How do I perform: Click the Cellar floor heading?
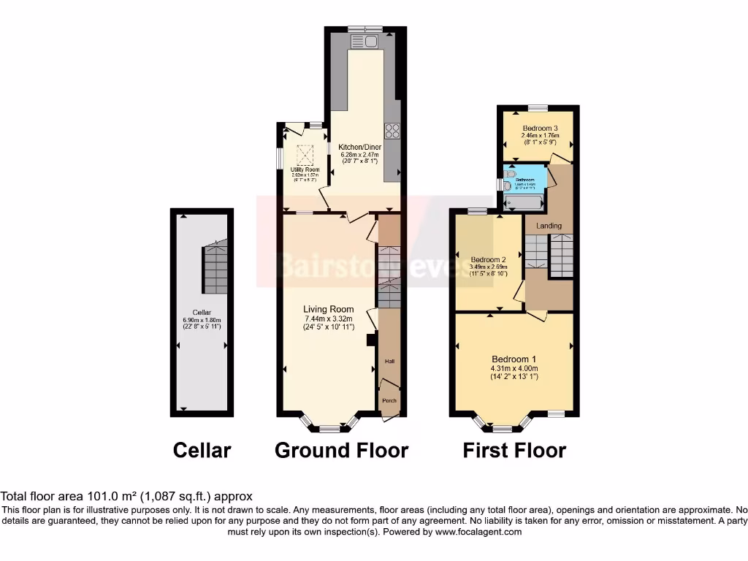point(202,451)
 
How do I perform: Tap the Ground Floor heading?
point(341,451)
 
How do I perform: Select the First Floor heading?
point(514,451)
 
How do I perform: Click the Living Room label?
point(329,309)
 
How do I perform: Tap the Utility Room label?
point(305,170)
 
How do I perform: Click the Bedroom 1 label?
point(514,359)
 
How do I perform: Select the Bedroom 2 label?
point(488,260)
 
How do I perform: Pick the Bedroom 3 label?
point(540,128)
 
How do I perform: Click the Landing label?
point(549,226)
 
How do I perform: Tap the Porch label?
point(389,400)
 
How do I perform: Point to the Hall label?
point(389,362)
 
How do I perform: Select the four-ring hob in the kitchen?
point(392,131)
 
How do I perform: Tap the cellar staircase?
point(215,266)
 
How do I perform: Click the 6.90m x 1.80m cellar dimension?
point(201,319)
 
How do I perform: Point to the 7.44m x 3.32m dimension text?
point(329,318)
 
